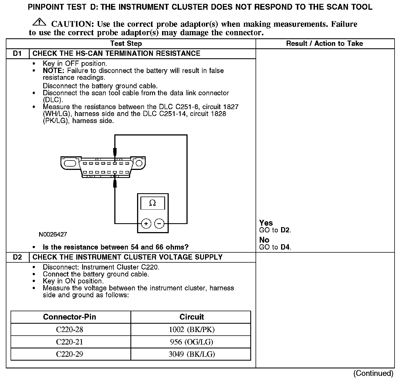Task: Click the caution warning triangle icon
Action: (x=40, y=22)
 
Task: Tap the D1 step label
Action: (x=17, y=54)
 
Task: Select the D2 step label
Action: (x=17, y=257)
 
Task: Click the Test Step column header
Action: (x=126, y=44)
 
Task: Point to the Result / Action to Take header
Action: (x=324, y=44)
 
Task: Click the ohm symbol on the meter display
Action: (x=152, y=203)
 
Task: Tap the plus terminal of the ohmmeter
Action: (x=146, y=223)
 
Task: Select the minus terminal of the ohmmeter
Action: (x=159, y=223)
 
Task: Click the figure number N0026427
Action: (x=53, y=235)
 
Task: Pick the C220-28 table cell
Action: (x=70, y=330)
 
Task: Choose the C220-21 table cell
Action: (x=70, y=342)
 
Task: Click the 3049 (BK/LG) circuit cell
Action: (x=191, y=354)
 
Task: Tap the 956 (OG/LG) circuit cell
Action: (x=191, y=342)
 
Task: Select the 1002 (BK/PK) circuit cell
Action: (x=191, y=330)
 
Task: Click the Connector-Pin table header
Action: (x=70, y=317)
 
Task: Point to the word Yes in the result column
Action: (x=266, y=223)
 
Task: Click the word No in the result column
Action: (x=264, y=240)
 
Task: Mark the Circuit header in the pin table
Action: (x=191, y=317)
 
